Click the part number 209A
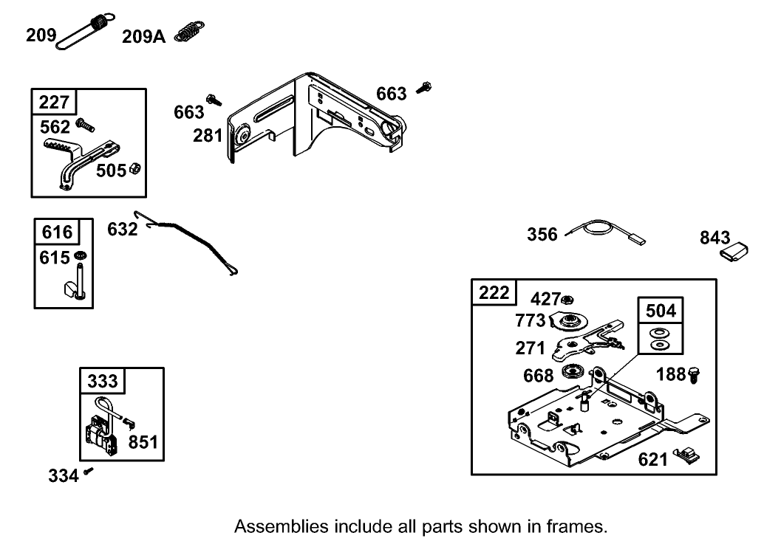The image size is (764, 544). [x=143, y=36]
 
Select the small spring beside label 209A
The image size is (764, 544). [x=189, y=32]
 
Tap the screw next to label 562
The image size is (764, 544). [x=85, y=125]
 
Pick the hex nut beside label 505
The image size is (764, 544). [x=136, y=169]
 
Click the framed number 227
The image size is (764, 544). [x=54, y=102]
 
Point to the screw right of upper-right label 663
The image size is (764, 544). [x=424, y=88]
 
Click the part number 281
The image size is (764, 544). [x=208, y=135]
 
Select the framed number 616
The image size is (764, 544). [x=57, y=232]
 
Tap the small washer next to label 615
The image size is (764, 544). [x=81, y=255]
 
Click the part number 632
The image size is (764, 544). [x=123, y=229]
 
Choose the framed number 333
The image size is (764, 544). [x=102, y=381]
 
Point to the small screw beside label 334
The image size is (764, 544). [x=88, y=470]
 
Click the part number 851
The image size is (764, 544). [x=143, y=442]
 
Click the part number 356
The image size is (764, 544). [x=542, y=235]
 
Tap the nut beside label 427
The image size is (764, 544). [x=567, y=299]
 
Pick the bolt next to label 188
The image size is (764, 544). [x=694, y=375]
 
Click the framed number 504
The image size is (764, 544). [x=661, y=311]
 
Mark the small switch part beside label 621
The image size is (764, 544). [x=686, y=455]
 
